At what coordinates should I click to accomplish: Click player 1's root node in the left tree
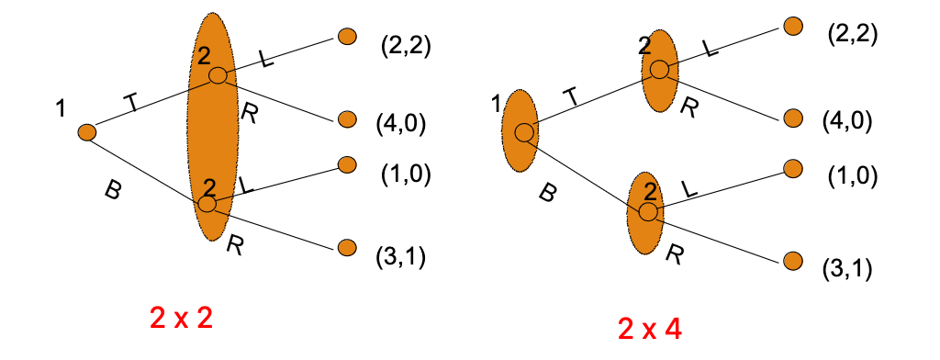point(87,133)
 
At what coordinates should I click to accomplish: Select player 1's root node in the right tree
point(523,132)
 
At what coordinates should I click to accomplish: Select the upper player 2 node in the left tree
point(217,75)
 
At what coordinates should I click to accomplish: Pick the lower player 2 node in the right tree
point(648,212)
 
